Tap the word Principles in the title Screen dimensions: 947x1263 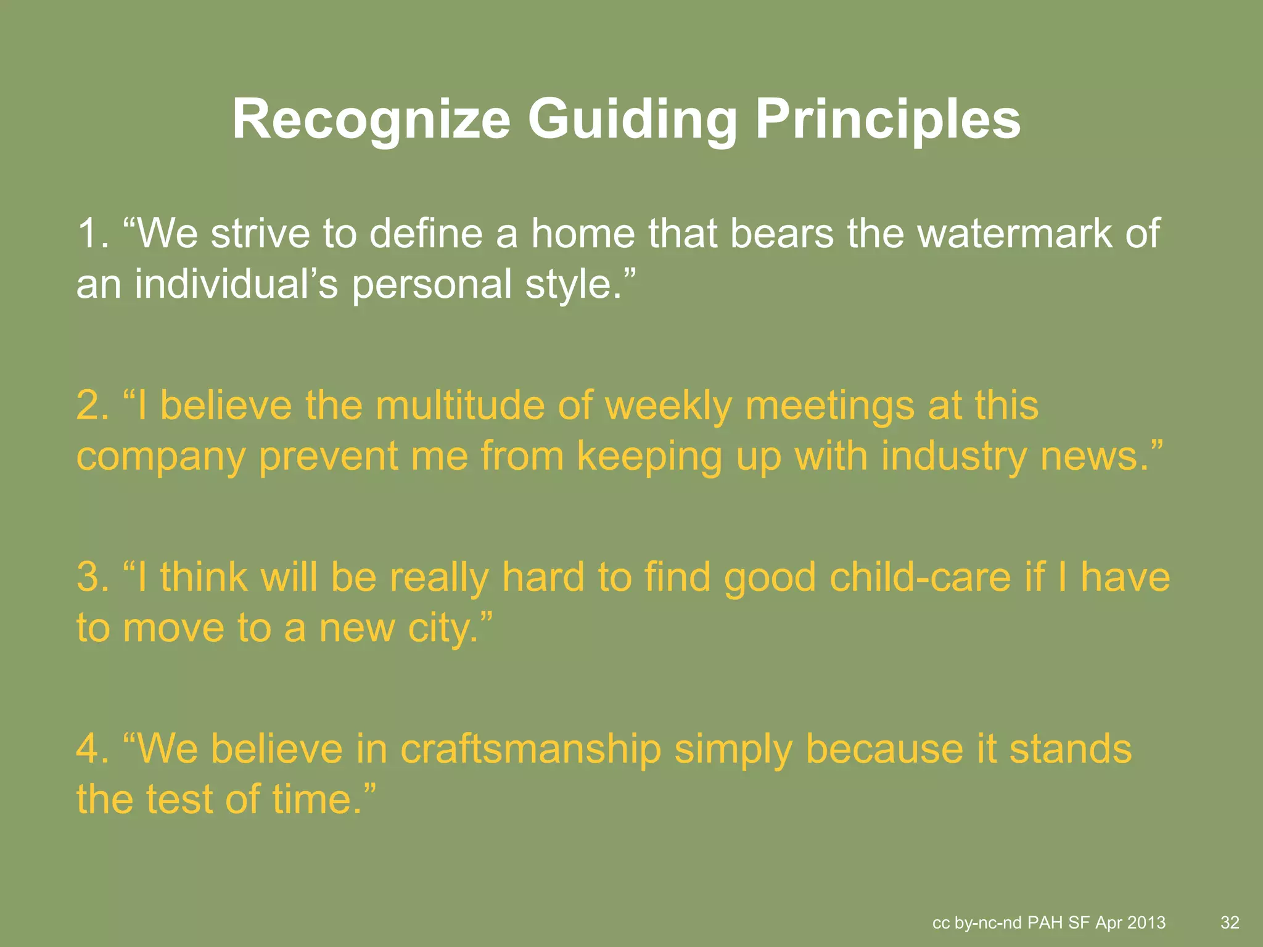887,120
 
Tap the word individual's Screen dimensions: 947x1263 236,284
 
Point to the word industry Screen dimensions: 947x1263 953,457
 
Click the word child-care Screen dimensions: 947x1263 919,578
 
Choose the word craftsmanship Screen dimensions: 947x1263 530,750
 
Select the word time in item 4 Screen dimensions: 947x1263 312,800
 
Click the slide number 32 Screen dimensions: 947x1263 1230,923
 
